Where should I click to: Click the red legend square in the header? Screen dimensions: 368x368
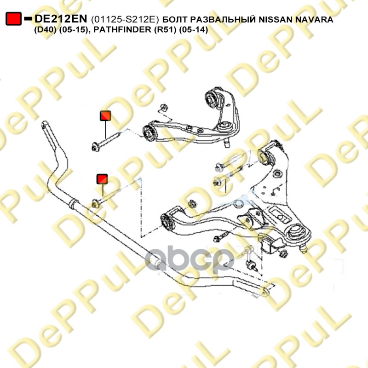click(14, 19)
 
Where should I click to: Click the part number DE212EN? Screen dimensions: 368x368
click(61, 19)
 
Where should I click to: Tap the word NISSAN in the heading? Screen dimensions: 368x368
click(276, 19)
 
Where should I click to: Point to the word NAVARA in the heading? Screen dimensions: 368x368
click(314, 19)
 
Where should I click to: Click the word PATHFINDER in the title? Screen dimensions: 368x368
click(122, 30)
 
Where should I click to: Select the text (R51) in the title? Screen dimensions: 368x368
click(165, 30)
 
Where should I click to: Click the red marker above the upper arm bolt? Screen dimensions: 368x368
click(105, 116)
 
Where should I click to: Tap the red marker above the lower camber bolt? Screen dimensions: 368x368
click(102, 179)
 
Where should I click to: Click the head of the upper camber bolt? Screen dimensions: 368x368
click(96, 148)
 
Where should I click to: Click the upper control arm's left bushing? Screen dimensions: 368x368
click(148, 133)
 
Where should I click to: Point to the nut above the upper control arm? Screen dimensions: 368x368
click(163, 107)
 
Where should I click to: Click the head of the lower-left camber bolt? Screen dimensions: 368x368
click(95, 203)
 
